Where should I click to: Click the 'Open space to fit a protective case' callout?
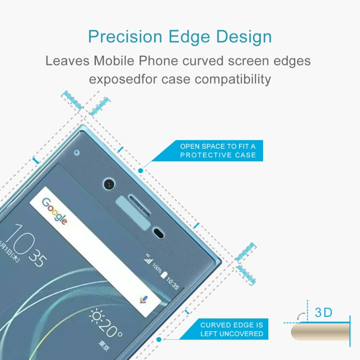click(218, 150)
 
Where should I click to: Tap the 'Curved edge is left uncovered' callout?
click(232, 329)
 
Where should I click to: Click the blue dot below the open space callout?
click(141, 170)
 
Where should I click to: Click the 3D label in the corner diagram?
click(324, 312)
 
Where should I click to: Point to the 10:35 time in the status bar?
click(172, 283)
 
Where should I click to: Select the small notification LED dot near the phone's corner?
click(77, 154)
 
